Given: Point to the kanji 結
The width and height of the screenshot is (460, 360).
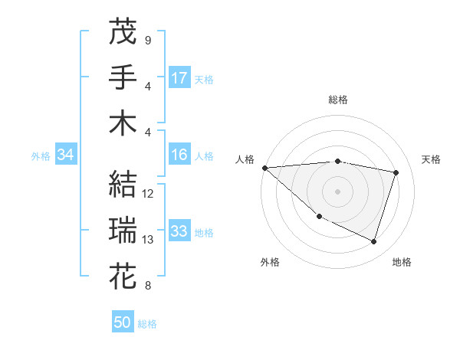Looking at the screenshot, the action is point(123,183).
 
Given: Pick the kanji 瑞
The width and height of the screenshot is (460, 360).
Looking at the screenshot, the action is point(123,230).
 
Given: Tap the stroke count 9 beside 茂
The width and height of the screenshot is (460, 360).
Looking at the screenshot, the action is point(147,40).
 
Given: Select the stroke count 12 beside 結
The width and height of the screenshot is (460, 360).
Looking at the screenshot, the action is point(149,193).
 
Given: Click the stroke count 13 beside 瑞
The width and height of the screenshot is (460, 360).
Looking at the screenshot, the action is point(149,240).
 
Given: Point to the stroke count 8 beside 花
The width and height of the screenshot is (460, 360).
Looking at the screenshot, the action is point(147,286).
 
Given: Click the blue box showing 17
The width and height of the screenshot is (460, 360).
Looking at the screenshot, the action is point(179,77).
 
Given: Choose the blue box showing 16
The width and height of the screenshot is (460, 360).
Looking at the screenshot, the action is point(179,155).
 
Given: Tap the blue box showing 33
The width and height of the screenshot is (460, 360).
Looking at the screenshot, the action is point(179,231).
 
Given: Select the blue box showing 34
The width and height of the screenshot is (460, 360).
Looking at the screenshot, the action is point(65,155).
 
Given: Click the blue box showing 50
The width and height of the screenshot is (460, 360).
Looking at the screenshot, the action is point(123,322).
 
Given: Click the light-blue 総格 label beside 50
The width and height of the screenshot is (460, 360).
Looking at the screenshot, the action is point(148,324).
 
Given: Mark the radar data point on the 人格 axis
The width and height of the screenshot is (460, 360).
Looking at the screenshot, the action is point(264,168).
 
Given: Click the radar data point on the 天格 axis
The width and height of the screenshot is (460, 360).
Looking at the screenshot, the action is point(396,172).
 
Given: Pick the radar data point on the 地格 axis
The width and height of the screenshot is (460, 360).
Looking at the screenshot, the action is point(373,242).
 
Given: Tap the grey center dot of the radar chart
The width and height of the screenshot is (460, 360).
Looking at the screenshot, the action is point(337,191).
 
